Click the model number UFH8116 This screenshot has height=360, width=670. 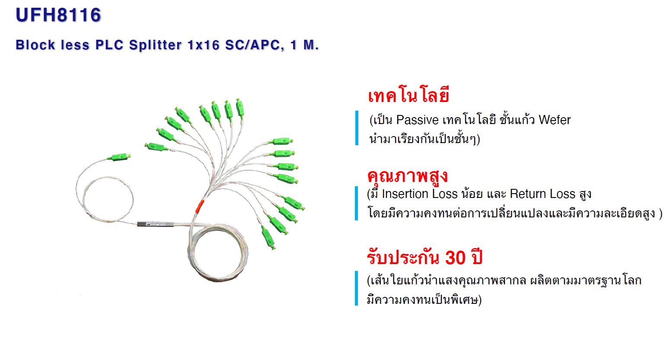(58, 15)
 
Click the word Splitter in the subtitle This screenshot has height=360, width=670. (155, 45)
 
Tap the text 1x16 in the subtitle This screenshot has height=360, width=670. (204, 45)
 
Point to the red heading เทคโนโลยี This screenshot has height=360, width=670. (408, 96)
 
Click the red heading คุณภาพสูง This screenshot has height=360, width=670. (407, 176)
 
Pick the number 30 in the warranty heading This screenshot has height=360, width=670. (455, 258)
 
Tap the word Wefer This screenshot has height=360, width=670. (555, 120)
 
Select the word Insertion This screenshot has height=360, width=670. (405, 194)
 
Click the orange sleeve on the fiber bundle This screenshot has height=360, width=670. (200, 206)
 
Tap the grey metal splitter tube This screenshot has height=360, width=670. (155, 224)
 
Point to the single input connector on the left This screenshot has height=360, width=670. (119, 157)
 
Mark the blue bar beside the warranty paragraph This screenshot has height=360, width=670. (356, 288)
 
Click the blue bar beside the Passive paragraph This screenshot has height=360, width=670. (357, 128)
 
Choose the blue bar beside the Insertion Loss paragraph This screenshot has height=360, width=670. (356, 203)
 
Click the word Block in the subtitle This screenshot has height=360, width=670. (35, 45)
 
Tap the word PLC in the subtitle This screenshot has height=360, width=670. (109, 45)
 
